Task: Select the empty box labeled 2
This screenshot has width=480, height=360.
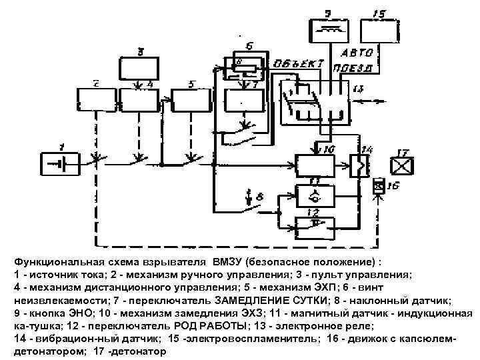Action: [97, 100]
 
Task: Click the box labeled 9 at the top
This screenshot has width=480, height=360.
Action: [329, 30]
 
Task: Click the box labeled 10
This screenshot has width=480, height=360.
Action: [318, 164]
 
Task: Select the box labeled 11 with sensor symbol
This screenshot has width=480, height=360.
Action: [318, 194]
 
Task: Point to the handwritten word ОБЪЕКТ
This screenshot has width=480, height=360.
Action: [298, 65]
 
